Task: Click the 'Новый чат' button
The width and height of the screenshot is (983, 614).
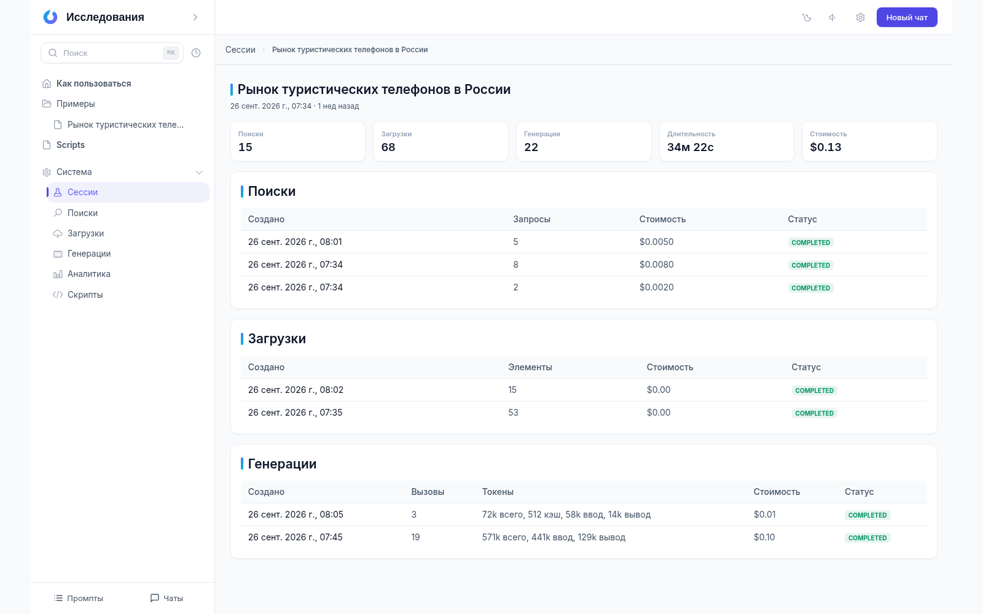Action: (907, 18)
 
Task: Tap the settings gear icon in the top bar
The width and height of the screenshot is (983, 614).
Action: (860, 18)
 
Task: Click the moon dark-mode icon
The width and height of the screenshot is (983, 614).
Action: (807, 18)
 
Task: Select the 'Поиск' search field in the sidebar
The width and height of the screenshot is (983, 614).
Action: (112, 53)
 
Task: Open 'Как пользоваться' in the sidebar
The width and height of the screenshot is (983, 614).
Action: (93, 84)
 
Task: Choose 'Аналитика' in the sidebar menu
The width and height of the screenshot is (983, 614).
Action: (88, 274)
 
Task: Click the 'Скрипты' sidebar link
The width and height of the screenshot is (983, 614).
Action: (85, 295)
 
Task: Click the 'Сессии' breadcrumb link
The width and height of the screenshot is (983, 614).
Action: (240, 50)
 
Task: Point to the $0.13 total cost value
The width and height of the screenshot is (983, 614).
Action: (826, 147)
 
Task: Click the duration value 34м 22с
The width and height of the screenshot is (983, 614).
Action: (691, 147)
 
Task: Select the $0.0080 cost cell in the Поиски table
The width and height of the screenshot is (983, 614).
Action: (656, 265)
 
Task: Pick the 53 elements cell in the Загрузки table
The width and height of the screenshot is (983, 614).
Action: (513, 413)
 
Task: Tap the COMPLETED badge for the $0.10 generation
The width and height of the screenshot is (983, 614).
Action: (867, 538)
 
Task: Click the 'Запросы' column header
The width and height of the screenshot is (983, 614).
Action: (531, 219)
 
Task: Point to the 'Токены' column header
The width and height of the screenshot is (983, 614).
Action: (498, 492)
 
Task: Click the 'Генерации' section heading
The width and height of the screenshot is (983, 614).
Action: (282, 464)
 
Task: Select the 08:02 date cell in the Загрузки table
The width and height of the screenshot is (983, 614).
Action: (296, 390)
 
